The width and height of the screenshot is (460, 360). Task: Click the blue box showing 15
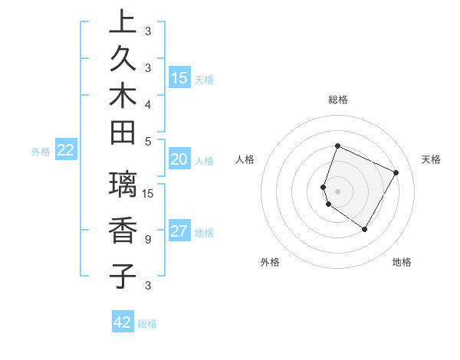coord(179,77)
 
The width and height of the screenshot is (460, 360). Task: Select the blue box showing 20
coord(179,159)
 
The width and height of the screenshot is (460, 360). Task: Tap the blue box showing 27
coord(179,232)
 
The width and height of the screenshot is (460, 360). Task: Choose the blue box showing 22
coord(65,150)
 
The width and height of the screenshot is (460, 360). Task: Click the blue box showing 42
coord(123,322)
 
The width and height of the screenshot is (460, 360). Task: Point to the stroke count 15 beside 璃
coord(149,193)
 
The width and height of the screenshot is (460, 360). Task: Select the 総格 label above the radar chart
coord(338,100)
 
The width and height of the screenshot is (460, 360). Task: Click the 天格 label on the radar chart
coord(431,159)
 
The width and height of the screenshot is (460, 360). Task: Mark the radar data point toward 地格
coord(365,229)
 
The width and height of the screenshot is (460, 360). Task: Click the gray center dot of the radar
coord(338,191)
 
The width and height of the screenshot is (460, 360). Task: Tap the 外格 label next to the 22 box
coord(41,152)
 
